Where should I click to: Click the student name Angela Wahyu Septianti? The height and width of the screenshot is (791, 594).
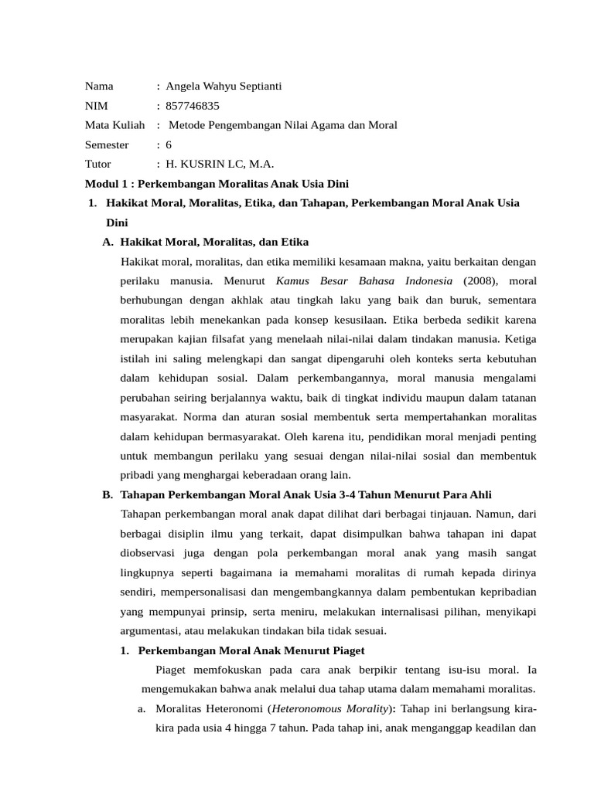(224, 86)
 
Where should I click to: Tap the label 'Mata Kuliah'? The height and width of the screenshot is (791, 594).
(114, 124)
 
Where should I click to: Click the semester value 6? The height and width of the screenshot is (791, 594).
(169, 144)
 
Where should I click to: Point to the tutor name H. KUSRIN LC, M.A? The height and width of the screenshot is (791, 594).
(220, 164)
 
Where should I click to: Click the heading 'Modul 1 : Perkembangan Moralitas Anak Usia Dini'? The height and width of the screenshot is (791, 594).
(217, 184)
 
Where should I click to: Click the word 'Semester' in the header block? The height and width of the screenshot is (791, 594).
(107, 144)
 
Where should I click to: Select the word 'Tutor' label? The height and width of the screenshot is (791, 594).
(98, 164)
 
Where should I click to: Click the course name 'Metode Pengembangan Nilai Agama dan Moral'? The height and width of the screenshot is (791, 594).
(282, 124)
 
